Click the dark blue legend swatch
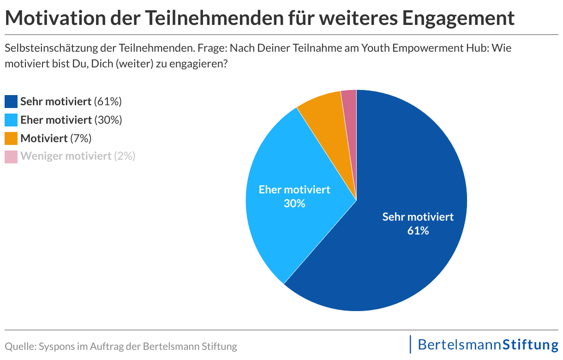[x=11, y=102]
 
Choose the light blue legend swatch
[x=11, y=120]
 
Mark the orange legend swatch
[x=11, y=138]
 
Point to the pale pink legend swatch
[x=11, y=156]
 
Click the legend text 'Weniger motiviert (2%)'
[x=78, y=156]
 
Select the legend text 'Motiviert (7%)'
[x=56, y=138]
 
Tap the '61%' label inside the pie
[x=418, y=231]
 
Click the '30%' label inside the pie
[x=294, y=203]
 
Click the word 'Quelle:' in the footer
[x=20, y=346]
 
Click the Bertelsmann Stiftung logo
[x=487, y=345]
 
